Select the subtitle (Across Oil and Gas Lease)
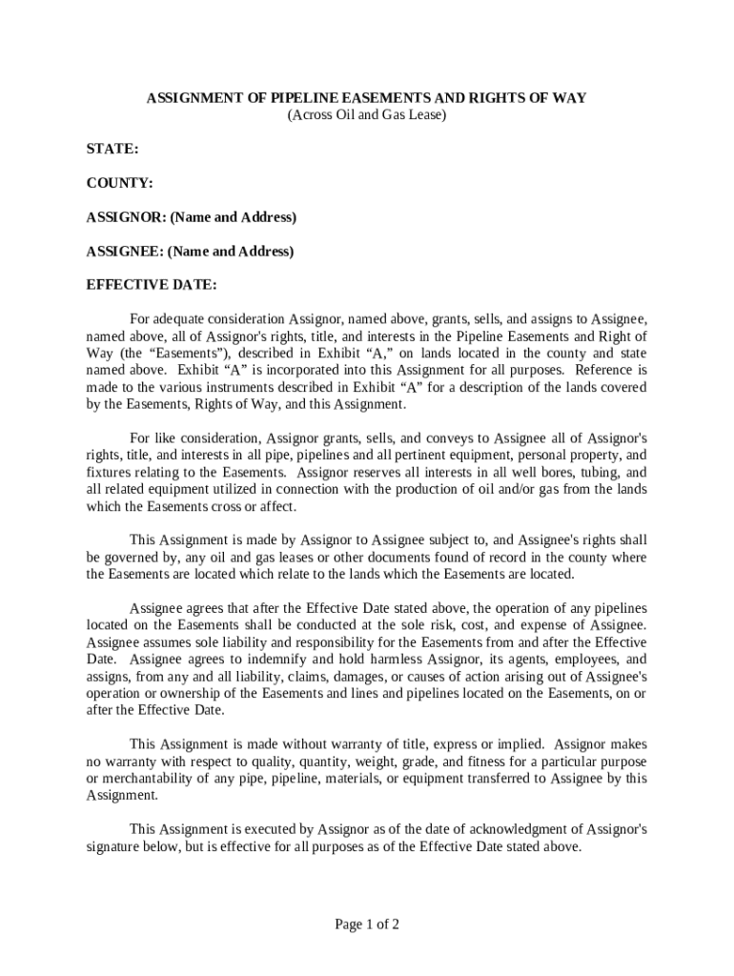(x=367, y=115)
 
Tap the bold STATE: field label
(x=112, y=150)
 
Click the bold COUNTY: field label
(x=120, y=183)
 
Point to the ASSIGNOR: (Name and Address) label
(x=192, y=217)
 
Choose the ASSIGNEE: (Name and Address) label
(x=190, y=252)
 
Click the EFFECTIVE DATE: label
(x=152, y=285)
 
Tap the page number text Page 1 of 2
(x=367, y=924)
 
